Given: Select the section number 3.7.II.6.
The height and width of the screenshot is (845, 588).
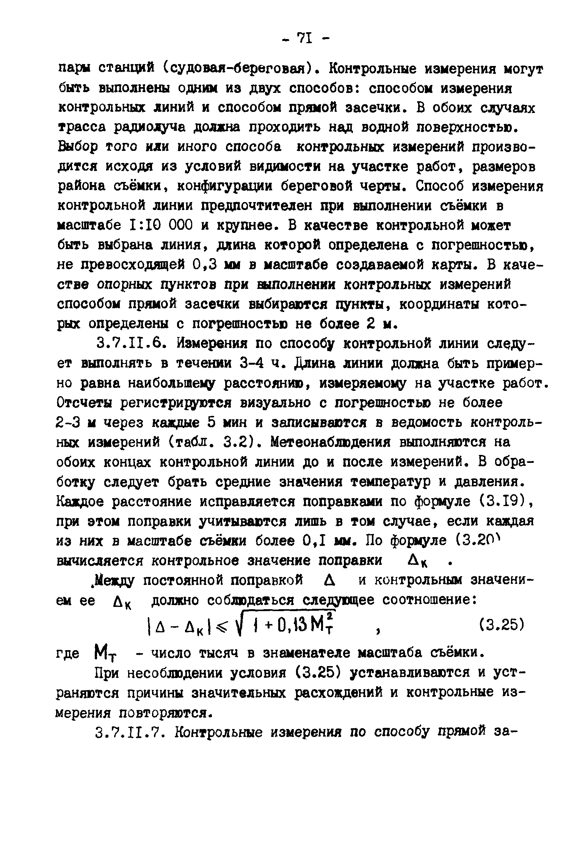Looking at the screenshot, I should click(x=131, y=344).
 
